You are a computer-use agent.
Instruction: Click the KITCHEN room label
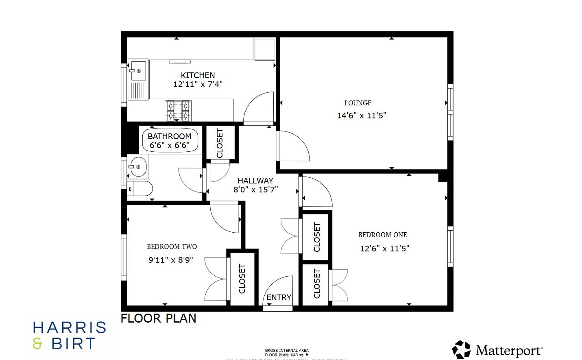(x=198, y=75)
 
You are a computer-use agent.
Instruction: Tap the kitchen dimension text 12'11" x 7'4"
(x=198, y=85)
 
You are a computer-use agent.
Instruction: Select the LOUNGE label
(x=357, y=103)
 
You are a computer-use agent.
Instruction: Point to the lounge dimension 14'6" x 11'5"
(x=361, y=116)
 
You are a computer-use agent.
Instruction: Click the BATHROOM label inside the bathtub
(x=169, y=136)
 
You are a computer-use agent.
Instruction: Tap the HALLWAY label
(x=255, y=181)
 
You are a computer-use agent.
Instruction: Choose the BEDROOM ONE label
(x=382, y=235)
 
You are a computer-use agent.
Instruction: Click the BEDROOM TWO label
(x=172, y=247)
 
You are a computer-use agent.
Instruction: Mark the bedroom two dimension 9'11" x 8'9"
(x=170, y=260)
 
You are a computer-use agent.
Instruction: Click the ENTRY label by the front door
(x=279, y=298)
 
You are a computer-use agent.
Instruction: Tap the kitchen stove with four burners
(x=178, y=111)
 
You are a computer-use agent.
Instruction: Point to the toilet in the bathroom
(x=140, y=189)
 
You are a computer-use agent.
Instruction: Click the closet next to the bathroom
(x=220, y=143)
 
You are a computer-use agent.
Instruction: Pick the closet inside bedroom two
(x=242, y=279)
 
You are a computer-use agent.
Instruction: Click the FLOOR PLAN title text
(x=158, y=318)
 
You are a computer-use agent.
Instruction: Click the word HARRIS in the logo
(x=70, y=327)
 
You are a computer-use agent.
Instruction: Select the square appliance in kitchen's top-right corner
(x=265, y=49)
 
